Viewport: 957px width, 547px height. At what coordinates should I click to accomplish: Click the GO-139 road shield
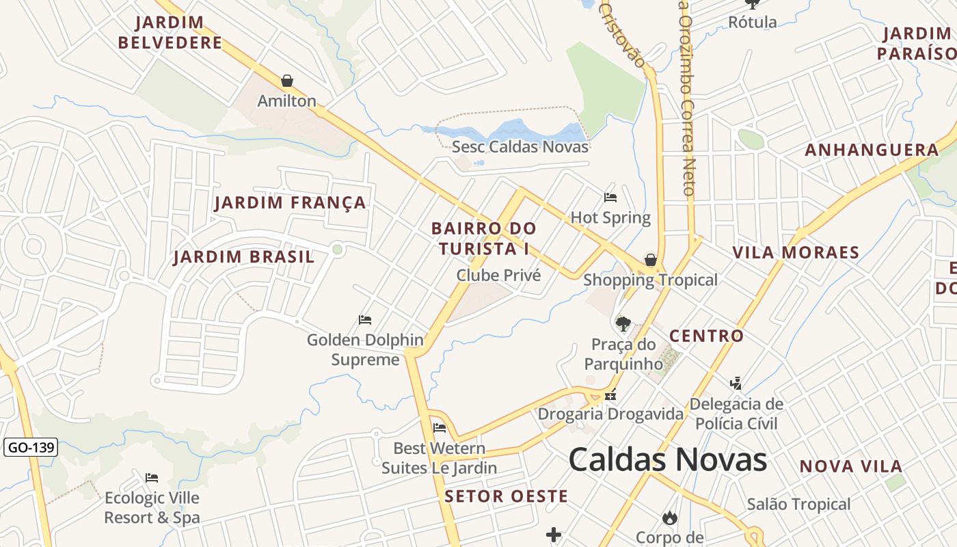pos(31,448)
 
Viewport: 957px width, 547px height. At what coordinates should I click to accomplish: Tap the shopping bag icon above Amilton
pos(287,81)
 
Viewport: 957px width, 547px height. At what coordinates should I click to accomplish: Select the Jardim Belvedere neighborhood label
pos(170,32)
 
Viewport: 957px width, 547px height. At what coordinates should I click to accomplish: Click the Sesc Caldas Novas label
pos(520,146)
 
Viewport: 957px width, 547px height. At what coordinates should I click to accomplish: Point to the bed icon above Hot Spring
pos(610,198)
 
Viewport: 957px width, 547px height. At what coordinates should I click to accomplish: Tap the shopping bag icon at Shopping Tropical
pos(651,260)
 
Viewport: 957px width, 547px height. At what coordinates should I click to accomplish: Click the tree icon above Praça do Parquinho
pos(623,323)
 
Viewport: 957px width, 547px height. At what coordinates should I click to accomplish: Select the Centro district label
pos(706,336)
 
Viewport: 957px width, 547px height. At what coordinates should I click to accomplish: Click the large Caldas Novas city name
pos(667,459)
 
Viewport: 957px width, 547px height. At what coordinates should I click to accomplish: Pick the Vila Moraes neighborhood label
pos(796,252)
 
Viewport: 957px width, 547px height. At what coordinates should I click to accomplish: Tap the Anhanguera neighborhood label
pos(872,150)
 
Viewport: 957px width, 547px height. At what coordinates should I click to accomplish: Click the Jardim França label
pos(290,203)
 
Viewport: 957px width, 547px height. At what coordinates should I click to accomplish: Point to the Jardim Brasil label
pos(243,257)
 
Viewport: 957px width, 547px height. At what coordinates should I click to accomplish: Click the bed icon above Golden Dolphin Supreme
pos(365,319)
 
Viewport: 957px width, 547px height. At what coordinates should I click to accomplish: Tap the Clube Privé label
pos(498,275)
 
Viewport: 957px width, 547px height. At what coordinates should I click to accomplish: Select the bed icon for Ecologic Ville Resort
pos(152,477)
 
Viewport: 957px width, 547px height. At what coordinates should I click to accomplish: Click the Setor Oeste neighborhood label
pos(506,496)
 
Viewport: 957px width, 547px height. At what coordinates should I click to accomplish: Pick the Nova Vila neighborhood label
pos(850,466)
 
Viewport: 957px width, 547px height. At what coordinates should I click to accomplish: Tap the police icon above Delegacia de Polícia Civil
pos(736,383)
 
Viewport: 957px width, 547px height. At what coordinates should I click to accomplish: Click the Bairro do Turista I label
pos(484,238)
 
